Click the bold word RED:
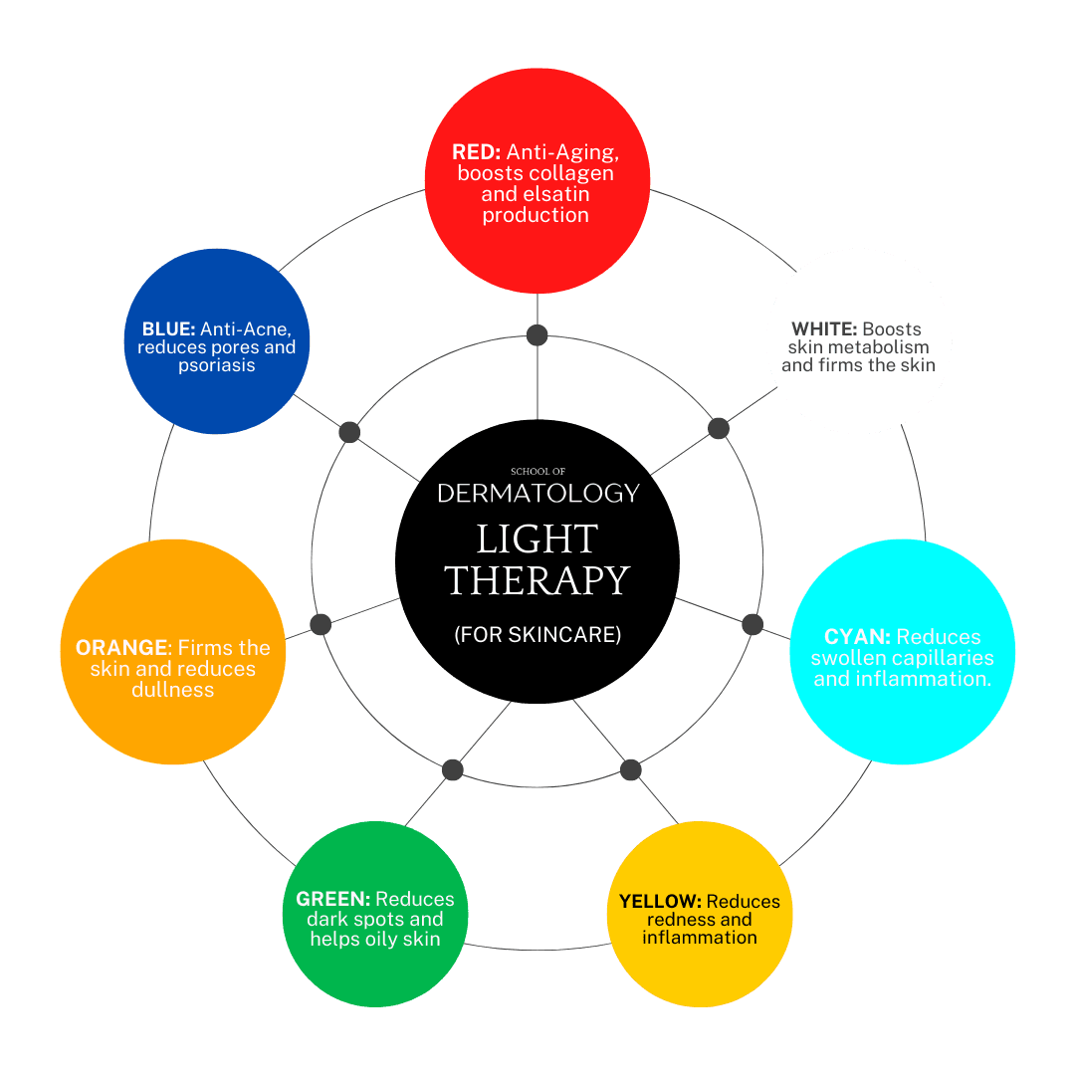click(x=477, y=152)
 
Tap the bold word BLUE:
click(x=168, y=329)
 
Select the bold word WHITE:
click(x=824, y=329)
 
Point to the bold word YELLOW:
click(x=660, y=902)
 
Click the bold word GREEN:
click(x=332, y=899)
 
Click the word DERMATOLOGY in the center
click(x=537, y=493)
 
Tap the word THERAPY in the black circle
click(x=537, y=580)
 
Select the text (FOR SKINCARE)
click(x=537, y=634)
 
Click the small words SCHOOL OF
click(x=537, y=471)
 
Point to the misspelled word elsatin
click(x=556, y=194)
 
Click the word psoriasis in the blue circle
click(x=217, y=365)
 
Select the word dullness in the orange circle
click(x=173, y=690)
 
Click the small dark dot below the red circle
click(x=537, y=335)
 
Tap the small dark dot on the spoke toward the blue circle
click(x=349, y=432)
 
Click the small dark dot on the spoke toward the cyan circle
click(x=752, y=624)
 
